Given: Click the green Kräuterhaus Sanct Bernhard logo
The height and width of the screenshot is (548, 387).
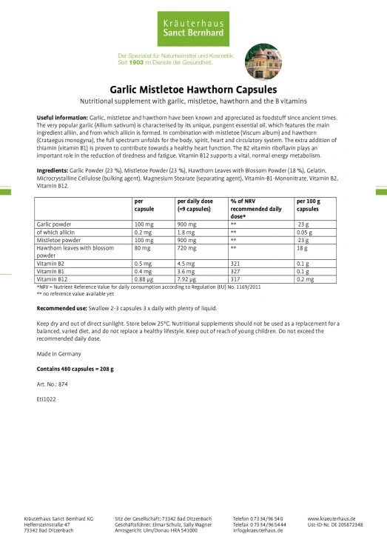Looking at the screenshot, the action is point(193,23).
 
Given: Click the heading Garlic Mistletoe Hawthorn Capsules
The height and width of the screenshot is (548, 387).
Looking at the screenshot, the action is point(193,88).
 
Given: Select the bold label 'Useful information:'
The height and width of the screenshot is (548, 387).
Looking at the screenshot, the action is point(62,118).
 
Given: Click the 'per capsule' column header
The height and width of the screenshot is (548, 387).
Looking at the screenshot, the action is point(144,204).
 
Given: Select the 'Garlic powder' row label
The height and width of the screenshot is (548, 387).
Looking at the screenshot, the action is point(54,223).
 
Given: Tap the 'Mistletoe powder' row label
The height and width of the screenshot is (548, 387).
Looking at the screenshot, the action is point(58,240).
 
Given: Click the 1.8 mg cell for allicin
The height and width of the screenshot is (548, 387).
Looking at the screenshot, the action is point(186,231).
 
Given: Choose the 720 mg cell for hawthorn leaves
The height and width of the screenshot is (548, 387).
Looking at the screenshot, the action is point(186,248).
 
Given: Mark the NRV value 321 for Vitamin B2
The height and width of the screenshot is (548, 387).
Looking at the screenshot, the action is point(236,263).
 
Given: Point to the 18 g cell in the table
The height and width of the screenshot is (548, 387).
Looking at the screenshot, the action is point(303,248).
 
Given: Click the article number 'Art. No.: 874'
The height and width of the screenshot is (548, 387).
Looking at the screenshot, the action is point(53,384).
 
